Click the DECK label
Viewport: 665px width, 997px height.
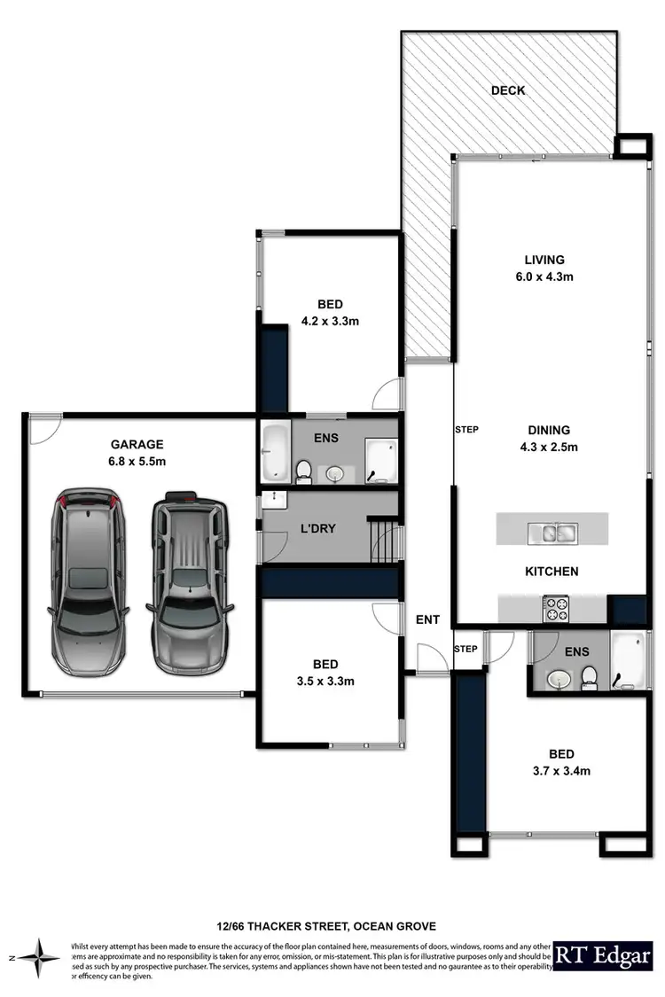pyautogui.click(x=508, y=90)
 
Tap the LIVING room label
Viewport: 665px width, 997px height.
pyautogui.click(x=544, y=260)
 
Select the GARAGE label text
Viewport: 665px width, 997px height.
pyautogui.click(x=137, y=445)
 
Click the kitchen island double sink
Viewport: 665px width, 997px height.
pyautogui.click(x=552, y=532)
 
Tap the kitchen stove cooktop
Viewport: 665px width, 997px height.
pyautogui.click(x=556, y=608)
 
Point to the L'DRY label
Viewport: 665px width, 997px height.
pyautogui.click(x=318, y=529)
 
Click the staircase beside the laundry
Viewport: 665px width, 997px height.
pyautogui.click(x=384, y=540)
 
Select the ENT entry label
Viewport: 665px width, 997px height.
pyautogui.click(x=427, y=619)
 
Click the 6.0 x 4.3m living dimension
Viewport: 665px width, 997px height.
pyautogui.click(x=544, y=277)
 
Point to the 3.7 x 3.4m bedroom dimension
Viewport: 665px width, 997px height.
pyautogui.click(x=557, y=771)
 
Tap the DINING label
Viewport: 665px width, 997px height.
pyautogui.click(x=545, y=431)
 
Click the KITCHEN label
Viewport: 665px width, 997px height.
pyautogui.click(x=551, y=572)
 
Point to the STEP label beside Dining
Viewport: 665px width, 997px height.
pyautogui.click(x=466, y=430)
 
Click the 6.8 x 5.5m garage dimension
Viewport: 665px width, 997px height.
pyautogui.click(x=137, y=462)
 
